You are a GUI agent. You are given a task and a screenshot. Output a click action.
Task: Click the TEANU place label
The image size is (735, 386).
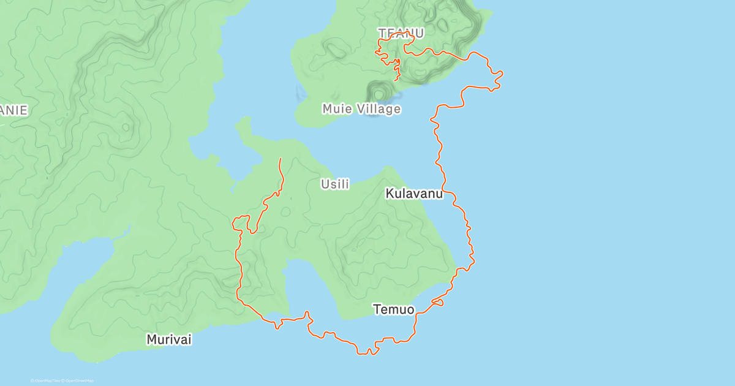pos(401,32)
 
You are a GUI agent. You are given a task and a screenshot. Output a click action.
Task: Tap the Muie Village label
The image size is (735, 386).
pos(361,109)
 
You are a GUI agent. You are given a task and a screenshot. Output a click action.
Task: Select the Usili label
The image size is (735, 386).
pos(335,184)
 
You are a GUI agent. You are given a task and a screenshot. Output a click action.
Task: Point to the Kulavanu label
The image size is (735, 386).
pos(413,194)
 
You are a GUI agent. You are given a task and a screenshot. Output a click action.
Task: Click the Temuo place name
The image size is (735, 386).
pos(393,310)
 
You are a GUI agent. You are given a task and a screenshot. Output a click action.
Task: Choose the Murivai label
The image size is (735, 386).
pos(168,339)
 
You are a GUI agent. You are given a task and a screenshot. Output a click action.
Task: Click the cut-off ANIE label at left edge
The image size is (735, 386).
pos(13,110)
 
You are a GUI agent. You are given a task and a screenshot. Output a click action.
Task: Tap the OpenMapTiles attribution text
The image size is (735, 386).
pos(48,381)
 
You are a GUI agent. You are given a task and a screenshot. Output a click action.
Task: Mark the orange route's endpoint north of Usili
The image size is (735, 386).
pos(281,159)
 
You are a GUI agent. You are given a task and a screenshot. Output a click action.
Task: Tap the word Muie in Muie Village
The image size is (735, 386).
pos(336,109)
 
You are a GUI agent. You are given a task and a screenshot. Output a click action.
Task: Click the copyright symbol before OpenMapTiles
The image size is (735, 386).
pos(32,381)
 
